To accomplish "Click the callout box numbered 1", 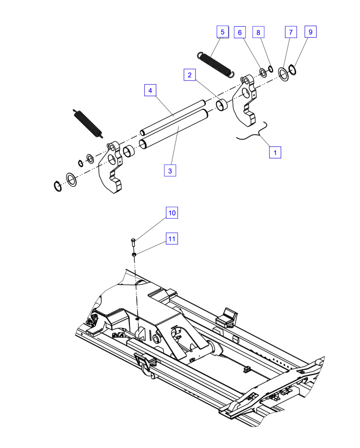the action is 275,152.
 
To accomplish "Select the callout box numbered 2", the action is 189,75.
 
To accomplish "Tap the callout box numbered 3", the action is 170,171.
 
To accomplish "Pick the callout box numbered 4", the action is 150,90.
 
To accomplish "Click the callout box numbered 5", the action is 223,31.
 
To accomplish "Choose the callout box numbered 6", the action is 240,32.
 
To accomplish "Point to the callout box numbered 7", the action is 291,32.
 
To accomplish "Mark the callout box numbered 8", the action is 258,32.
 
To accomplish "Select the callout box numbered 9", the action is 311,31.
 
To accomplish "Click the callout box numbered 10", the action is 172,213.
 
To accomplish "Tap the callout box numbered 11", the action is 172,238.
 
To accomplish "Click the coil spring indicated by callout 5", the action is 216,65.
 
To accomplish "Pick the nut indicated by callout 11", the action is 134,254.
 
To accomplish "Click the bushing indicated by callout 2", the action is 222,105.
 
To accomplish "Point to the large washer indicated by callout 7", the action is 283,74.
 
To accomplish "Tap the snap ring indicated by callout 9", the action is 293,70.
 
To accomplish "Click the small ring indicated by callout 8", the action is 270,69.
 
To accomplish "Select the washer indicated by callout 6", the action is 263,73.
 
